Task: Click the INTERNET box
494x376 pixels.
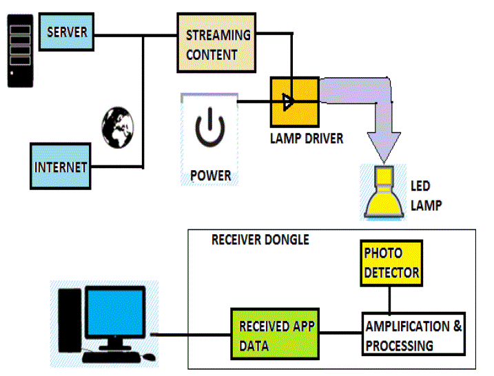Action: click(61, 166)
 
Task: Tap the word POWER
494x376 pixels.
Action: click(210, 176)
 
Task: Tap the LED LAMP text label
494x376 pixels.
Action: click(426, 195)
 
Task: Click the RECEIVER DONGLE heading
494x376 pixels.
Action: click(260, 240)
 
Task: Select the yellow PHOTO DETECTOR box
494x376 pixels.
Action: click(391, 264)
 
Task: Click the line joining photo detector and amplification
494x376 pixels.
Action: click(391, 300)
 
